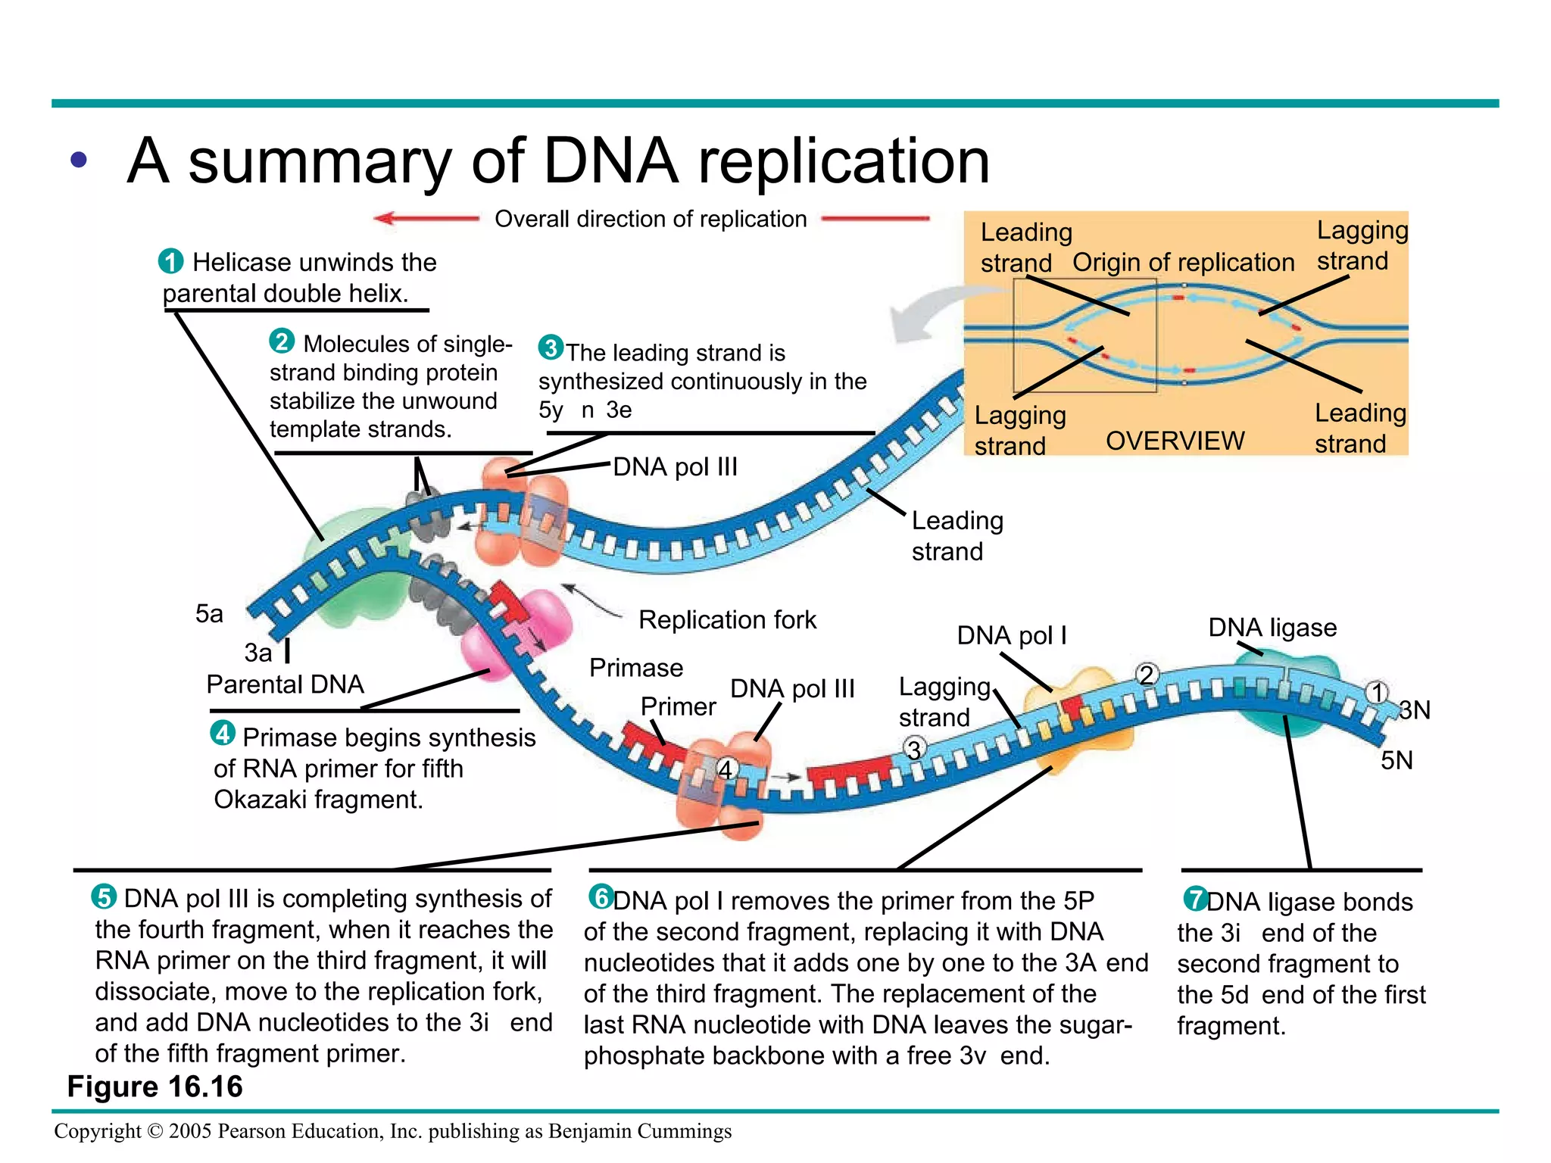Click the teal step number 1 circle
pos(170,261)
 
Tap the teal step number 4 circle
pos(223,733)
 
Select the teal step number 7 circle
pos(1196,899)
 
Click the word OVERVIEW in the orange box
pos(1175,441)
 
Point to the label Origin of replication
pos(1183,262)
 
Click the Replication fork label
pos(727,619)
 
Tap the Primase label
pos(636,668)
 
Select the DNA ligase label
pos(1272,627)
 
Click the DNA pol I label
pos(1012,635)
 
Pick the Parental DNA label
pos(285,684)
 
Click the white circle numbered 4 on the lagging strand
pos(726,769)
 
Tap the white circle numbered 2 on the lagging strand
pos(1147,674)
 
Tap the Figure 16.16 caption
pos(154,1087)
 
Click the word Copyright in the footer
pos(97,1130)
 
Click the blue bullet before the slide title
pos(79,160)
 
